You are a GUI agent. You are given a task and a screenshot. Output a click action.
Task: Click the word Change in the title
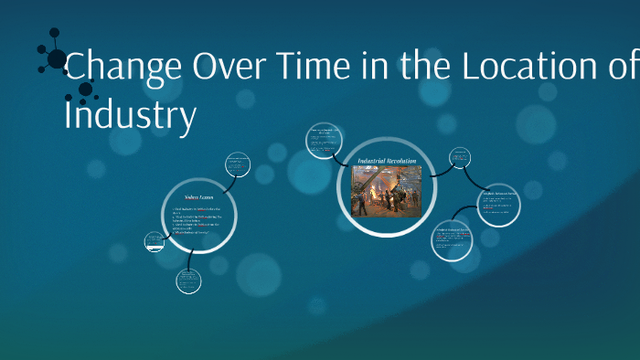[124, 67]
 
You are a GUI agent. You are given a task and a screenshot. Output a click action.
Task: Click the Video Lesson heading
[197, 196]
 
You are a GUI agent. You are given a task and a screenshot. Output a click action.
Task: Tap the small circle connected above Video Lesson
[238, 165]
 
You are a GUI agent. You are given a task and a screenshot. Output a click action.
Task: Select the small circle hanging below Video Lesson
[189, 281]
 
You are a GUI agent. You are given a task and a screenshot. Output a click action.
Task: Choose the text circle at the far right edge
[498, 206]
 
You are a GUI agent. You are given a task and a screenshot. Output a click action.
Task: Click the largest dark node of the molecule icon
[57, 60]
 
